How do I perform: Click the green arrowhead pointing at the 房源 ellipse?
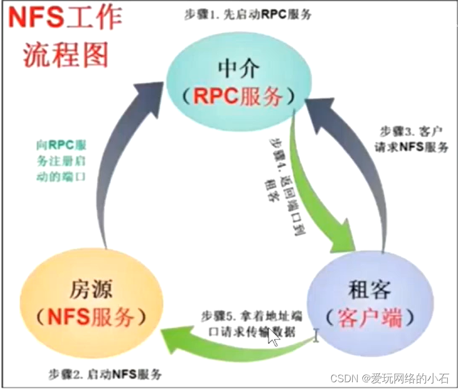point(172,337)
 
